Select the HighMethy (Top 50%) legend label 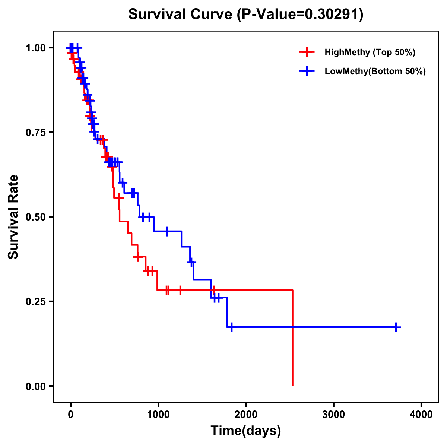pos(370,52)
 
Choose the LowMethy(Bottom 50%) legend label pos(375,71)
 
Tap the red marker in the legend pos(307,52)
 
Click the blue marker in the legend pos(307,71)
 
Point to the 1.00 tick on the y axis pos(35,48)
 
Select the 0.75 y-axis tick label pos(35,133)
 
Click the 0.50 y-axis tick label pos(35,217)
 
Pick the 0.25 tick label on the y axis pos(35,302)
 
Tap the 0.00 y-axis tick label pos(35,386)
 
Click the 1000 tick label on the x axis pos(158,415)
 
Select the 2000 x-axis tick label pos(246,415)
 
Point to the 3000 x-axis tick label pos(334,415)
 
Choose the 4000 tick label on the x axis pos(421,415)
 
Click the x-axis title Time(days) pos(246,431)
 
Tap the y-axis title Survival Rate pos(13,216)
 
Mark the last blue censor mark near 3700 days pos(396,327)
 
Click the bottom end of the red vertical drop pos(293,385)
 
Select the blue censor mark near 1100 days pos(167,231)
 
